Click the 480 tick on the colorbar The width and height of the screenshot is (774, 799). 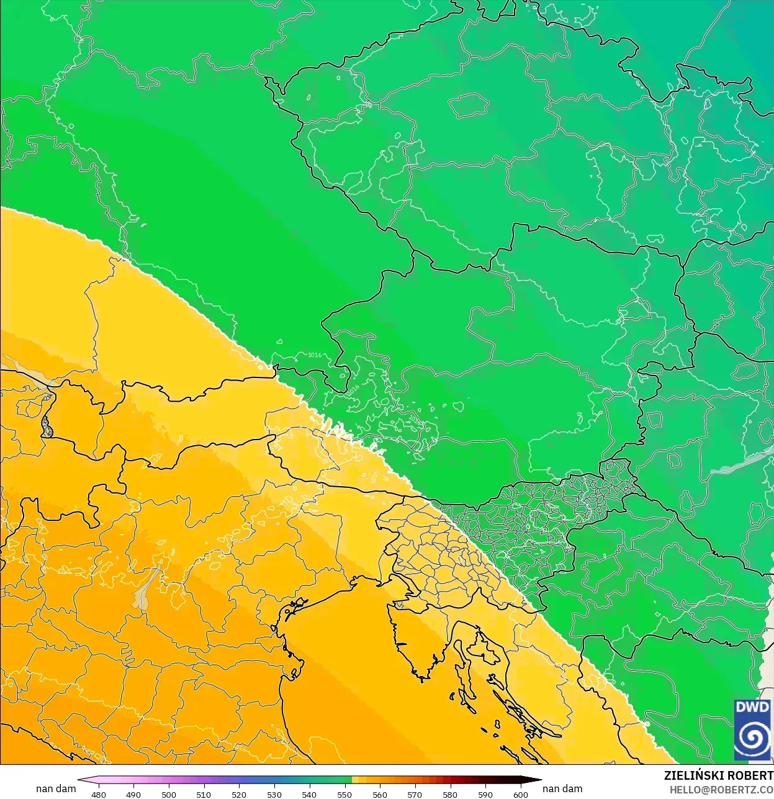(99, 794)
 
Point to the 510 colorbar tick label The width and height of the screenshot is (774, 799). (204, 794)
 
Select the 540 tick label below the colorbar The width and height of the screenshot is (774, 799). (309, 794)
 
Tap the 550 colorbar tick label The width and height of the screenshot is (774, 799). (344, 794)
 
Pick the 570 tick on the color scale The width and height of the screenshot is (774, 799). (415, 794)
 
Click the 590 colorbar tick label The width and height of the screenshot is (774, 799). (485, 794)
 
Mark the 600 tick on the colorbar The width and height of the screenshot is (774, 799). (520, 794)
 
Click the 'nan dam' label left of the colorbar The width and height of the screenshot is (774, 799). (56, 788)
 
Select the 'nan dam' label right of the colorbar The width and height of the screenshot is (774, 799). (562, 788)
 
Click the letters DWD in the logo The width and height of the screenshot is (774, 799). (752, 708)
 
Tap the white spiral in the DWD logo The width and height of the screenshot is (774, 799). (752, 738)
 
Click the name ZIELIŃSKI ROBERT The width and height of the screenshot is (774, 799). (718, 775)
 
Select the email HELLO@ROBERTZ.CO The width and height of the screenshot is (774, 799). (721, 790)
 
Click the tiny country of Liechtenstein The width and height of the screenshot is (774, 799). (47, 426)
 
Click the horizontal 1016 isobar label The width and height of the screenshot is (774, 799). (315, 355)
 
